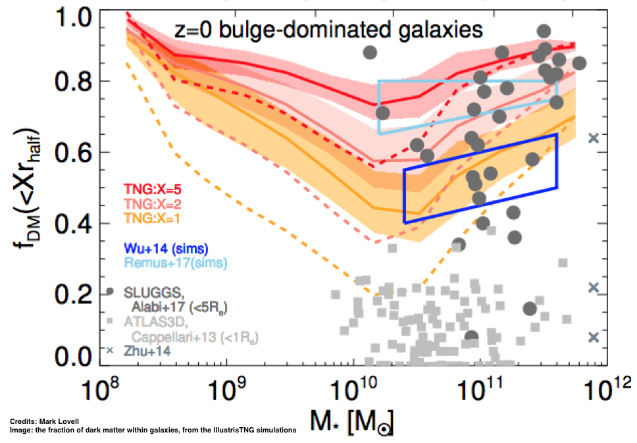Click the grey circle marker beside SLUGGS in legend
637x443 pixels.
coord(109,292)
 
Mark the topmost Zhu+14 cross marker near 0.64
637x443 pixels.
coord(593,138)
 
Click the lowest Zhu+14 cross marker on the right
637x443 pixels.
coord(593,337)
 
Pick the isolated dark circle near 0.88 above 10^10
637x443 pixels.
coord(370,52)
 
